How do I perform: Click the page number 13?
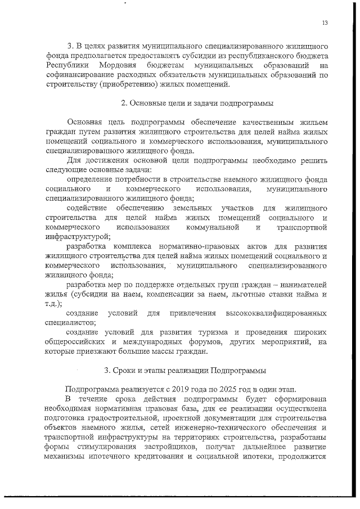pyautogui.click(x=325, y=23)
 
